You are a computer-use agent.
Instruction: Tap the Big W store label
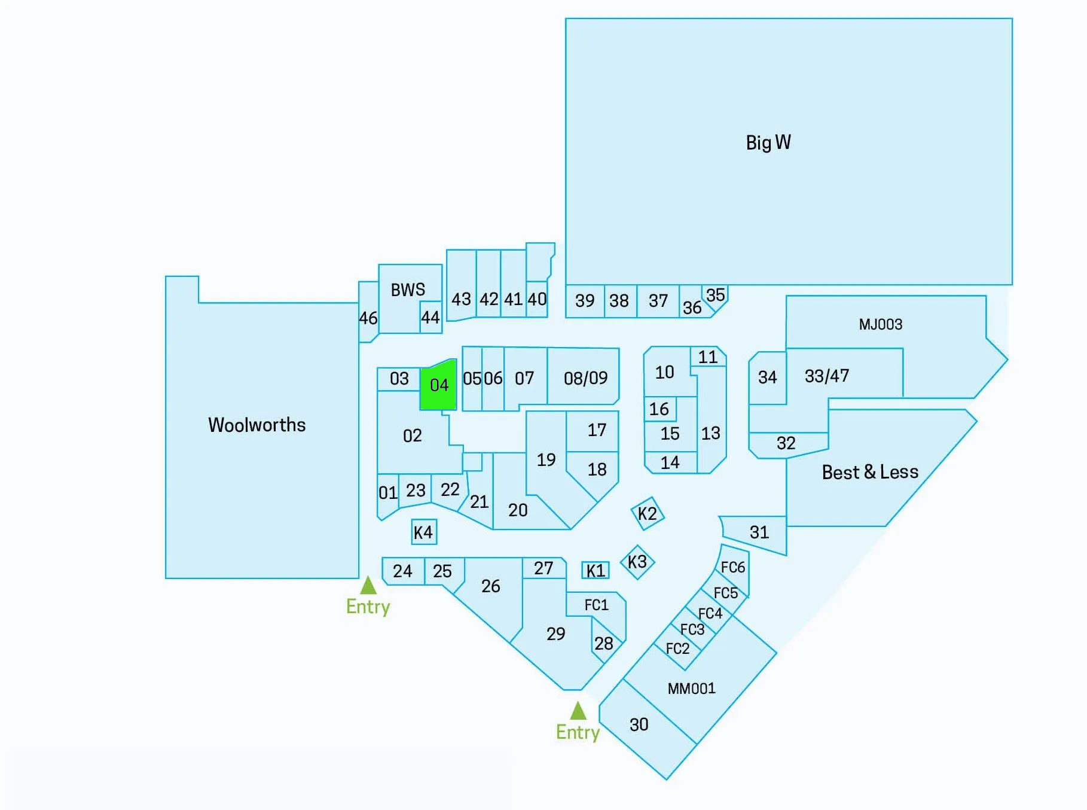point(768,142)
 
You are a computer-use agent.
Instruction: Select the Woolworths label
point(257,425)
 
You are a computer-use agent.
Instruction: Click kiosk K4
point(424,532)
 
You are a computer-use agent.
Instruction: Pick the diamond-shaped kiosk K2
point(648,513)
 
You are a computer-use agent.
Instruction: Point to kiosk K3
point(637,562)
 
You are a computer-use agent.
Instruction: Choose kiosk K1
point(596,570)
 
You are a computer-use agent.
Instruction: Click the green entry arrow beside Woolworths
point(368,585)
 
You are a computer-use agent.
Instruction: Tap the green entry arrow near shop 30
point(578,711)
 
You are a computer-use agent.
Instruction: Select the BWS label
point(408,290)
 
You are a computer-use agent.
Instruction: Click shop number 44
point(430,317)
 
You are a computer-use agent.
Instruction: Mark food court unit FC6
point(733,567)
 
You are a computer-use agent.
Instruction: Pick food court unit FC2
point(678,648)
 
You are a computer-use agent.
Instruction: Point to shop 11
point(708,357)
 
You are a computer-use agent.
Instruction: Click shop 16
point(659,409)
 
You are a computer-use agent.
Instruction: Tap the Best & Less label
point(870,472)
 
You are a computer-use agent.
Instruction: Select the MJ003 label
point(881,324)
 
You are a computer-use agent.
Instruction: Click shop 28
point(604,642)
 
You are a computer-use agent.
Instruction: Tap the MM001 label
point(692,689)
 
